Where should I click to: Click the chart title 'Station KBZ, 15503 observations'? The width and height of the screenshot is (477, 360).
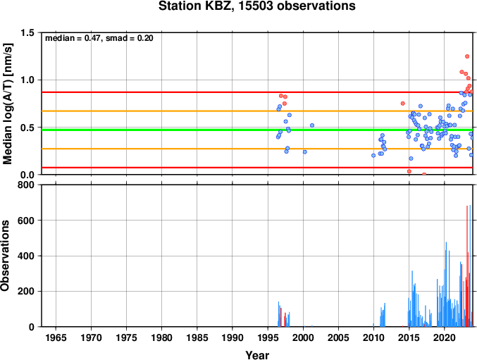pos(256,6)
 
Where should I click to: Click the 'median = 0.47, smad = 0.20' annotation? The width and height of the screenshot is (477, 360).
pos(99,38)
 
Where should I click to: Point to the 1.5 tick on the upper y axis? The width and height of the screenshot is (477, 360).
pos(27,32)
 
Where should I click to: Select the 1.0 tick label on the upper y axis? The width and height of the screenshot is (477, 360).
pos(27,80)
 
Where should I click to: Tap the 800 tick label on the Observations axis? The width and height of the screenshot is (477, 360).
pos(26,185)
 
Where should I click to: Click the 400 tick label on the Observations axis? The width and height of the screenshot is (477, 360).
pos(26,256)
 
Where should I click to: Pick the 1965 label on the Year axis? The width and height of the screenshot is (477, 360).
pos(56,337)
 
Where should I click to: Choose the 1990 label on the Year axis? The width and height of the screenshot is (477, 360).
pos(232,337)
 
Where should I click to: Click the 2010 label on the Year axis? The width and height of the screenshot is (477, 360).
pos(373,337)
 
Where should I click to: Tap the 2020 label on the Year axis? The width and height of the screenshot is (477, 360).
pos(444,337)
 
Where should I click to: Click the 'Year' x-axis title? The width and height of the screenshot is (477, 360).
pos(257,355)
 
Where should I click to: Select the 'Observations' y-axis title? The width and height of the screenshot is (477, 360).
pos(5,256)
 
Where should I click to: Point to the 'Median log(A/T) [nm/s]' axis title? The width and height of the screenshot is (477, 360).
pos(7,104)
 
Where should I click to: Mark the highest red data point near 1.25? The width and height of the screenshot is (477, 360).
pos(467,56)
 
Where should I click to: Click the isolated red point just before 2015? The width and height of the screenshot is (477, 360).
pos(403,104)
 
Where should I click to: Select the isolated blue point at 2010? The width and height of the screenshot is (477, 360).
pos(373,156)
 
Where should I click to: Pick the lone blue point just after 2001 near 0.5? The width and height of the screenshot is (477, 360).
pos(312,125)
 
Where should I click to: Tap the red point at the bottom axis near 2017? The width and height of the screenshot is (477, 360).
pos(424,174)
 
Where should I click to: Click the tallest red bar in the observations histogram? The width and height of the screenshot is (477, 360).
pos(467,266)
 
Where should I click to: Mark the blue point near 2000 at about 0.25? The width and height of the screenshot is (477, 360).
pos(305,151)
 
